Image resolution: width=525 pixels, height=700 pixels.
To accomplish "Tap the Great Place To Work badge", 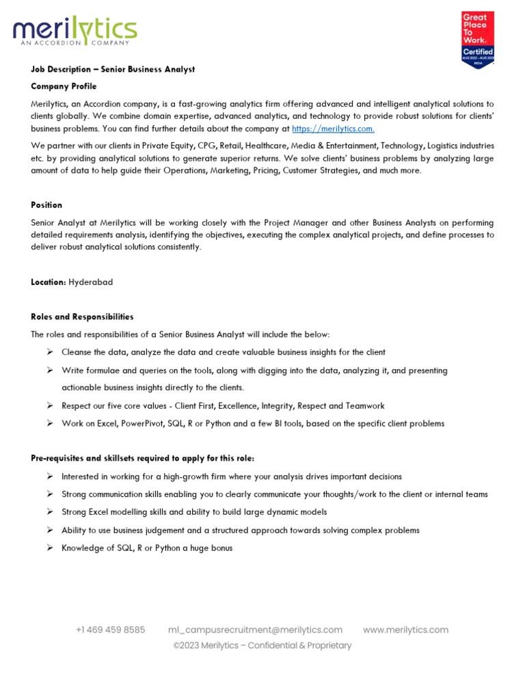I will [x=478, y=40].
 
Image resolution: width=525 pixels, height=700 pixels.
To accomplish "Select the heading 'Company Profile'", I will [x=64, y=87].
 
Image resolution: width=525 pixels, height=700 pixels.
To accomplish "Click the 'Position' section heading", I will [x=46, y=205].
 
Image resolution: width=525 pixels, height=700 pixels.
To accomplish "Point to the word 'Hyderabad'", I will [x=91, y=282].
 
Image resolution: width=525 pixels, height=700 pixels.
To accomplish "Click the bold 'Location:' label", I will [x=49, y=282].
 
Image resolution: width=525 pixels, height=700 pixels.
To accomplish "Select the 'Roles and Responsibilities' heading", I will [x=82, y=317].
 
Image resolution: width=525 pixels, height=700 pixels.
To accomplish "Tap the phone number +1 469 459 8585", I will [x=110, y=630].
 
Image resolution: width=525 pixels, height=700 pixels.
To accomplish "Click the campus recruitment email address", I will [x=255, y=630].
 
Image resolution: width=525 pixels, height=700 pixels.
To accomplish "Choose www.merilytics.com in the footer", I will [x=405, y=630].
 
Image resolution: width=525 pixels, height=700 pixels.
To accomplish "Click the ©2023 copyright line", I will [x=262, y=645].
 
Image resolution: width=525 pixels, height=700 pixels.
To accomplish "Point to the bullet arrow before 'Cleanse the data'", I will [x=50, y=352].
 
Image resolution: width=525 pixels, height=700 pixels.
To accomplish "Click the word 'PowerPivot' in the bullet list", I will [x=142, y=424].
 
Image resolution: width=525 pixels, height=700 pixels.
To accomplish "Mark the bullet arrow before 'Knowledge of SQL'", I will [x=50, y=548].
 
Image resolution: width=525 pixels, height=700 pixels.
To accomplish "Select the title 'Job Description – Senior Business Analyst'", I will [x=113, y=69].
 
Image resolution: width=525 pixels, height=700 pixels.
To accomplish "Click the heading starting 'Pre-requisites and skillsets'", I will [x=143, y=458].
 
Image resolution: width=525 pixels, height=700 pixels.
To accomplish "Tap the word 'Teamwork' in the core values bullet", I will [x=365, y=406].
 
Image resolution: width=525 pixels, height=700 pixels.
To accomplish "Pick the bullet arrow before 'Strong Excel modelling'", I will [x=50, y=512].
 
